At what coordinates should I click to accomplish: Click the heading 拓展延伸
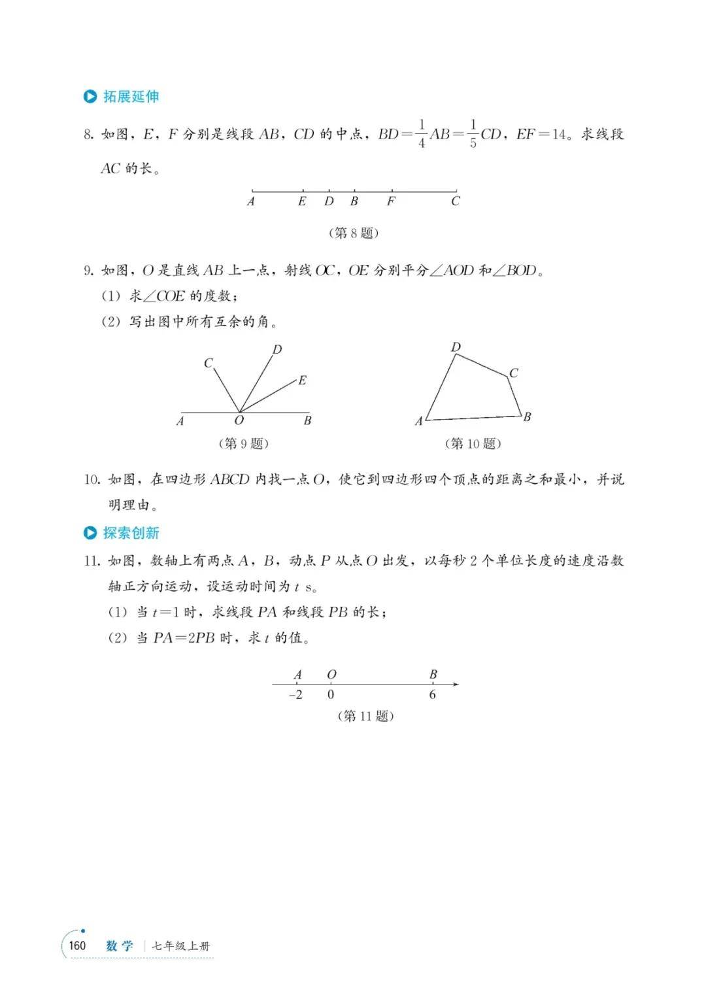coord(131,97)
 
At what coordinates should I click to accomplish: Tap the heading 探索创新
coord(131,533)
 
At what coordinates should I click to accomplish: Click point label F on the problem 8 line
coord(391,201)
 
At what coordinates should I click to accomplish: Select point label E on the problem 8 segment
coord(302,201)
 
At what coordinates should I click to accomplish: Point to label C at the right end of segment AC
coord(456,201)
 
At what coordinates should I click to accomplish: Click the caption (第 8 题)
coord(353,233)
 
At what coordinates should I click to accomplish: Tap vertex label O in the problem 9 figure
coord(239,421)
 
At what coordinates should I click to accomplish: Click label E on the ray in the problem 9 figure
coord(302,381)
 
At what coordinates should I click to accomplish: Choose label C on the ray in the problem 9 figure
coord(208,363)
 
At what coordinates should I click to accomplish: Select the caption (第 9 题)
coord(243,443)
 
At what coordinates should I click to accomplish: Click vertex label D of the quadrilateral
coord(456,347)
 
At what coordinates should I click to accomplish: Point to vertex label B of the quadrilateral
coord(527,417)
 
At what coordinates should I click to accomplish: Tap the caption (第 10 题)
coord(473,443)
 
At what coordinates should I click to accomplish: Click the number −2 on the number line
coord(295,695)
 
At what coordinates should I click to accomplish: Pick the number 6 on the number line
coord(432,695)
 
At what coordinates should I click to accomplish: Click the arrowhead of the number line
coord(456,685)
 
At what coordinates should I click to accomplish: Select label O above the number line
coord(331,675)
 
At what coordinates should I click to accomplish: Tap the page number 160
coord(77,945)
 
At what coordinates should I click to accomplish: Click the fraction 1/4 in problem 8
coord(422,134)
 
